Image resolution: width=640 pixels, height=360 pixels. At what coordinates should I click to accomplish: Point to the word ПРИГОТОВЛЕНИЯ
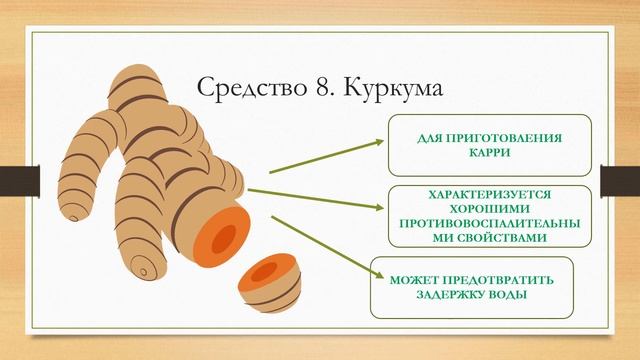(x=501, y=140)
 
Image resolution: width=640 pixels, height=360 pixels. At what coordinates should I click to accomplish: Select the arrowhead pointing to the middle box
(x=379, y=207)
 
